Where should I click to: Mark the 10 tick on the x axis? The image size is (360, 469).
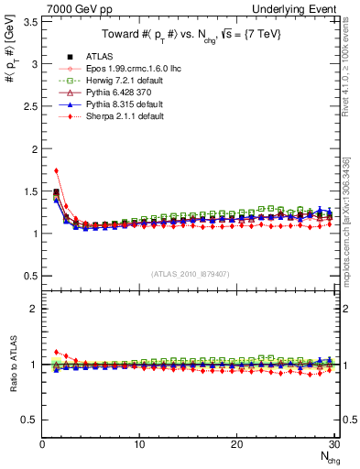(139, 443)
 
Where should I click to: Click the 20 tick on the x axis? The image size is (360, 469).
(236, 443)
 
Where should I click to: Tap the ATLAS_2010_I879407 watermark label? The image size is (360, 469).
(189, 274)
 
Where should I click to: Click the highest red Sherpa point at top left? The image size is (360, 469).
(56, 170)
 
